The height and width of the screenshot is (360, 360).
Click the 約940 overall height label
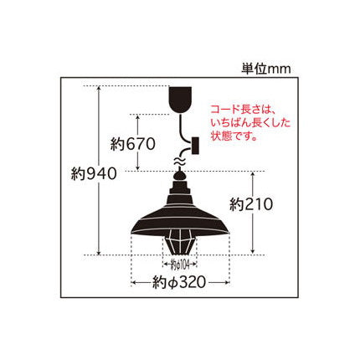click(x=94, y=175)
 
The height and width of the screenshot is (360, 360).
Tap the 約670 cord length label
click(x=132, y=145)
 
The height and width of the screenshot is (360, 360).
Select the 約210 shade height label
click(x=251, y=205)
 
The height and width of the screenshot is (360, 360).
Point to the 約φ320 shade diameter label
click(x=179, y=283)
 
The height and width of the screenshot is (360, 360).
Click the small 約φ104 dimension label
click(x=180, y=265)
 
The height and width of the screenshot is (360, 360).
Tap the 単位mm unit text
click(x=266, y=69)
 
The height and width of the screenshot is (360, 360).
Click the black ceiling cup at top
click(x=181, y=99)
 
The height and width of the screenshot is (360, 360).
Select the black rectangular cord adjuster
click(x=195, y=145)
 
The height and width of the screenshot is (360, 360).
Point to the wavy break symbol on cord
click(x=180, y=162)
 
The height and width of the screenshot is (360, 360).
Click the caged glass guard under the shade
click(x=180, y=241)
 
